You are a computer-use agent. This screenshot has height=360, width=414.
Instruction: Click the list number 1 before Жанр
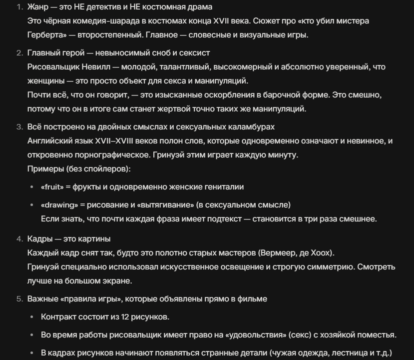click(x=19, y=7)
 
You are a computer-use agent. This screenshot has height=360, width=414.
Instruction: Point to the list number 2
click(x=19, y=53)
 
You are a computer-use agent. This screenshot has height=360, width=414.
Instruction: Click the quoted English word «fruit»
click(x=52, y=187)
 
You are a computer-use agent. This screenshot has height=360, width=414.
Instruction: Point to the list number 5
click(x=19, y=299)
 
